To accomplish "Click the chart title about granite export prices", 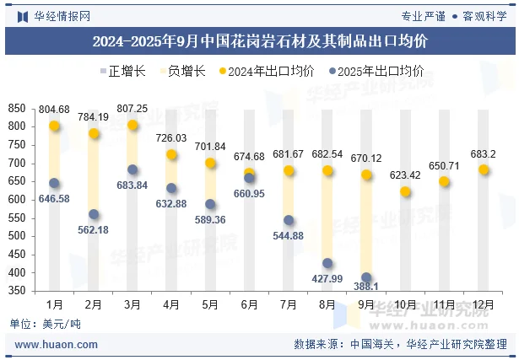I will click(x=259, y=40).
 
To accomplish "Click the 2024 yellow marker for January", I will click(x=54, y=126).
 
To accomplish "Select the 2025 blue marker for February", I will click(x=94, y=214).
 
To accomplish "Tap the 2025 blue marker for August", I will click(x=327, y=263).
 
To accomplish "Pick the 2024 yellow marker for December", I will click(x=484, y=169).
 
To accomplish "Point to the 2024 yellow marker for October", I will click(x=405, y=191).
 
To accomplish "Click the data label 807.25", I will click(x=132, y=109).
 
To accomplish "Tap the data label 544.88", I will click(x=288, y=236).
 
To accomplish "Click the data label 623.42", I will click(x=405, y=175).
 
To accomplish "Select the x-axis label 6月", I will click(x=249, y=304).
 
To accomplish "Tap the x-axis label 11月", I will click(x=444, y=304).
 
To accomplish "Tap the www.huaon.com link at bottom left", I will click(x=57, y=345).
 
